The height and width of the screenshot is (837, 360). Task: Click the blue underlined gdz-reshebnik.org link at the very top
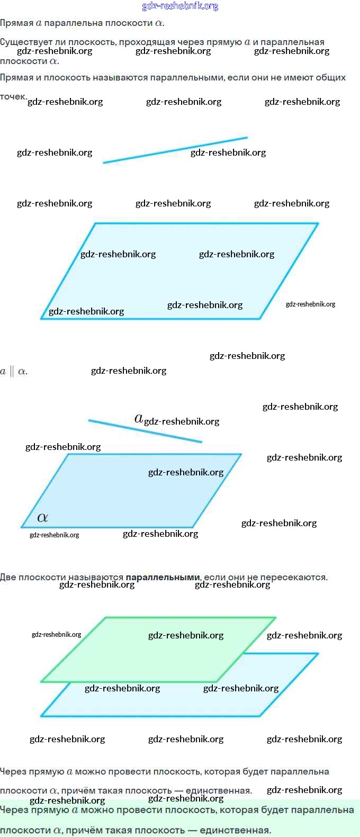pos(180,6)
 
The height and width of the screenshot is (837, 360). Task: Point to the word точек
pos(13,96)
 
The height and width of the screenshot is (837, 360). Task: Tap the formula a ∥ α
pos(14,371)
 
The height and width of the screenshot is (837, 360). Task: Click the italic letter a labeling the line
pos(139,419)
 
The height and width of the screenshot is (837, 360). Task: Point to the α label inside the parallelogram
pos(43,518)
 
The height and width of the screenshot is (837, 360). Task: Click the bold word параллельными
pos(163,577)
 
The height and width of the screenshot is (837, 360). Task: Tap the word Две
pos(8,577)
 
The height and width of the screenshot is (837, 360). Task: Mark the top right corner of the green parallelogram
pos(275,617)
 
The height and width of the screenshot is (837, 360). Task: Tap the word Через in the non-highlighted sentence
pos(13,771)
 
